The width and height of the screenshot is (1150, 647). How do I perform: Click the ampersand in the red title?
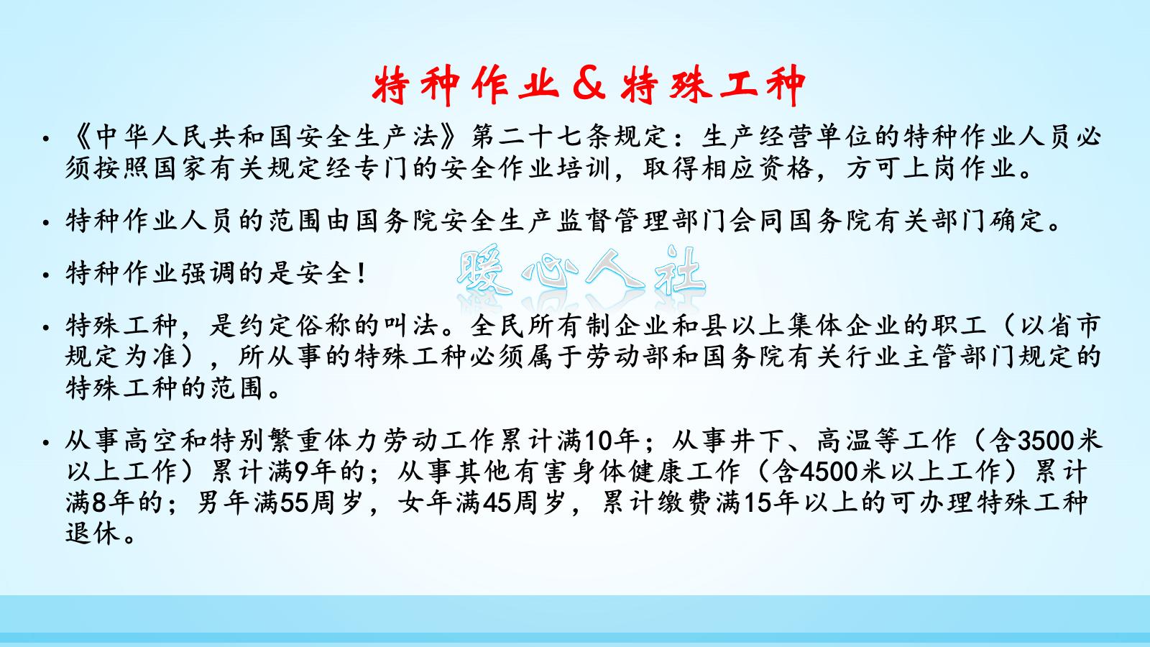(x=589, y=85)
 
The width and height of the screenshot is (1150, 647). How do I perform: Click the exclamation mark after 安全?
(x=362, y=273)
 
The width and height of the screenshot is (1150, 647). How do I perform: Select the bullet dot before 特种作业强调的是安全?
(x=46, y=275)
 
